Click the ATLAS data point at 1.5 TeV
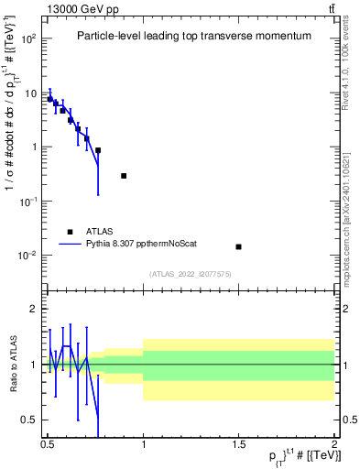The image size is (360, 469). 238,246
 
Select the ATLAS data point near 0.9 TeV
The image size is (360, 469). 124,176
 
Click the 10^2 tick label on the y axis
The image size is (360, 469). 28,39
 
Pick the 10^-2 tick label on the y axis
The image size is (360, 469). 28,255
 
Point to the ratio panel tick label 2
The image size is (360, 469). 34,309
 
